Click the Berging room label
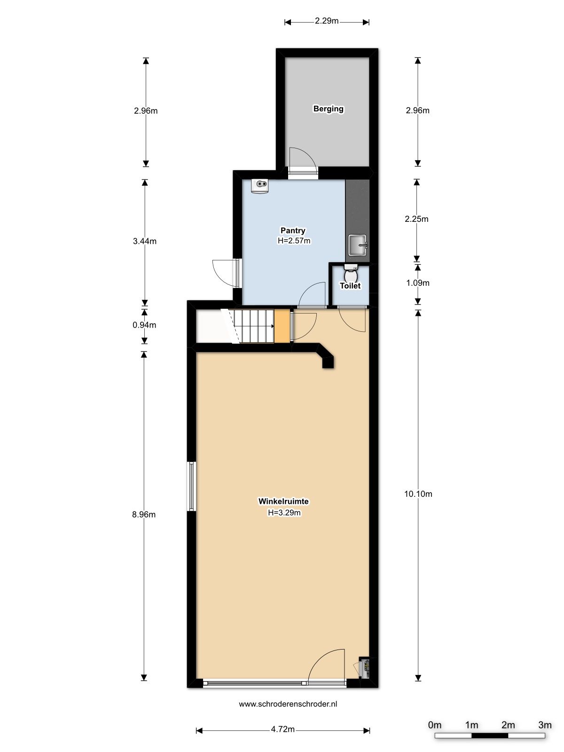pyautogui.click(x=328, y=109)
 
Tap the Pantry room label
pyautogui.click(x=293, y=230)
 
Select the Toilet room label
pyautogui.click(x=350, y=286)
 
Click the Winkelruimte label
pyautogui.click(x=283, y=501)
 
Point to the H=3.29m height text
pyautogui.click(x=284, y=513)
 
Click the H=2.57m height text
pyautogui.click(x=294, y=241)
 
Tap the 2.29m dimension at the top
pyautogui.click(x=327, y=21)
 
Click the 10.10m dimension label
pyautogui.click(x=418, y=493)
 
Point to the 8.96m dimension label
pyautogui.click(x=144, y=514)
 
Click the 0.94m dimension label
pyautogui.click(x=145, y=325)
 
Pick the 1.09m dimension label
pyautogui.click(x=417, y=283)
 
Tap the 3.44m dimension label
pyautogui.click(x=145, y=241)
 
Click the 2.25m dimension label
pyautogui.click(x=416, y=219)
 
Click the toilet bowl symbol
pyautogui.click(x=351, y=274)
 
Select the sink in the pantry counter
pyautogui.click(x=358, y=245)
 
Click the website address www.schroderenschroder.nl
pyautogui.click(x=288, y=704)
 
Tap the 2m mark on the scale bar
pyautogui.click(x=508, y=725)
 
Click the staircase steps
pyautogui.click(x=254, y=326)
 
